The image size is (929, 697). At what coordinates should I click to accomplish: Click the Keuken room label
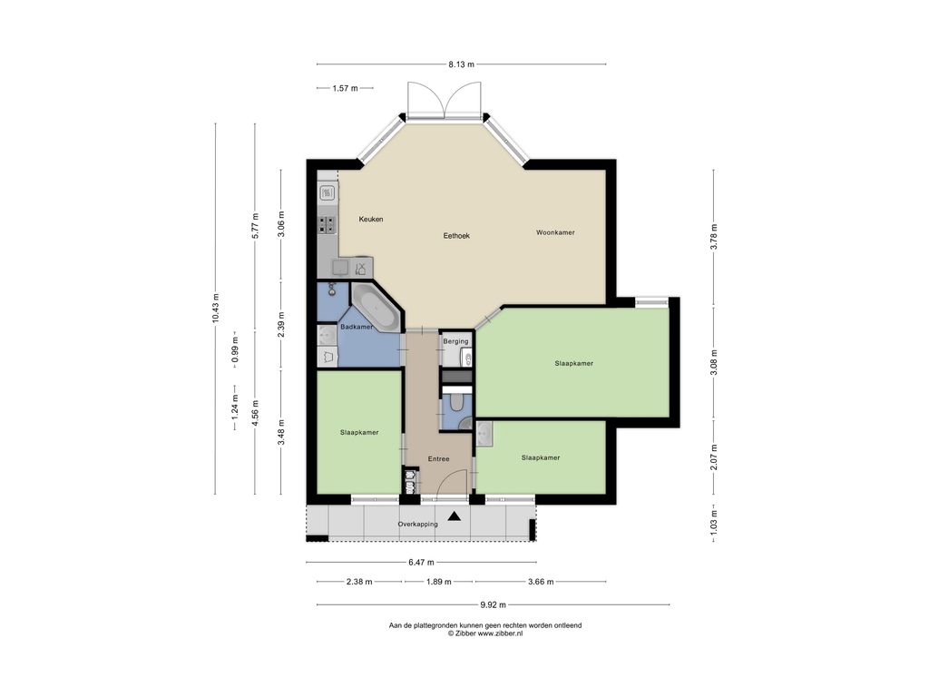click(371, 220)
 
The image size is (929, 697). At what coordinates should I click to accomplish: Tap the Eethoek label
click(456, 236)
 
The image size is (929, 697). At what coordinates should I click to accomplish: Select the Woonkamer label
click(555, 233)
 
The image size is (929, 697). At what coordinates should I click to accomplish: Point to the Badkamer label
click(357, 327)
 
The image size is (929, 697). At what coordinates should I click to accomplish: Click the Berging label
click(455, 341)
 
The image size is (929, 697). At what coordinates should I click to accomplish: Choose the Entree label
click(438, 459)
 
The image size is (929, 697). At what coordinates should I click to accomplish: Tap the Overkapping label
click(417, 525)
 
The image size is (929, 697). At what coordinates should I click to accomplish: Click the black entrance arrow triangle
click(455, 516)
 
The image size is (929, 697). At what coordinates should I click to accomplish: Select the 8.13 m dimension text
click(461, 64)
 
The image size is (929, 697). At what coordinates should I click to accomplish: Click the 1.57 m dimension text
click(345, 88)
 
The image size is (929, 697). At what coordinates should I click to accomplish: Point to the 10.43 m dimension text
click(216, 309)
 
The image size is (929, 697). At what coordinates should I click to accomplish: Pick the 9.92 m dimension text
click(493, 605)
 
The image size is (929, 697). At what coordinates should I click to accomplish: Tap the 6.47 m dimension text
click(421, 563)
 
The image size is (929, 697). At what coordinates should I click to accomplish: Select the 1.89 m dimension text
click(438, 582)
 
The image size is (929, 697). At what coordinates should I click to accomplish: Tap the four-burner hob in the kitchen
click(327, 224)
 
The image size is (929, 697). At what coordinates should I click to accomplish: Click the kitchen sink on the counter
click(327, 192)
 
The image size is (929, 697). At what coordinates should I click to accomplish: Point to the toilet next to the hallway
click(457, 404)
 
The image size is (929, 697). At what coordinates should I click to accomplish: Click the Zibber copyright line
click(485, 633)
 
